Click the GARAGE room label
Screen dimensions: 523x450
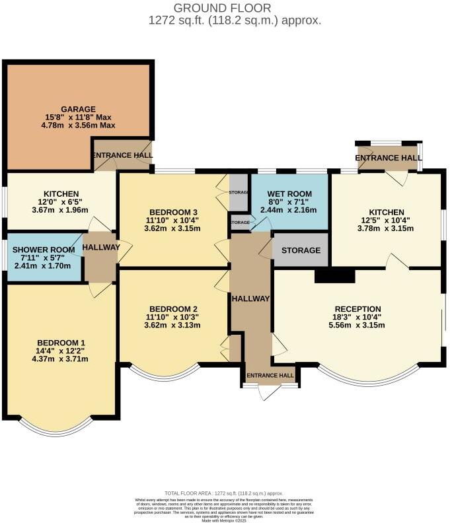pos(79,109)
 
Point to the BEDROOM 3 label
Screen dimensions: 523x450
pos(174,212)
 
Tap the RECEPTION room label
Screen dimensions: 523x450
pos(357,308)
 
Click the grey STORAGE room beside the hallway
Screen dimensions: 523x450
pos(301,250)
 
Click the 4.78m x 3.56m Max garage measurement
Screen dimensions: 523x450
pos(79,125)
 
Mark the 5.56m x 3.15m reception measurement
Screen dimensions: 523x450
pos(357,325)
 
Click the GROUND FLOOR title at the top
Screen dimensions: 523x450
pos(222,8)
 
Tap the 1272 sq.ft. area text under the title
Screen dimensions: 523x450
pos(235,20)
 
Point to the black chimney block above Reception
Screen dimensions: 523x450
pos(336,275)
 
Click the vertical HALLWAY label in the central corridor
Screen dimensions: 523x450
pos(250,298)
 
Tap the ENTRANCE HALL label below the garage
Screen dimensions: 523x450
pos(122,156)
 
